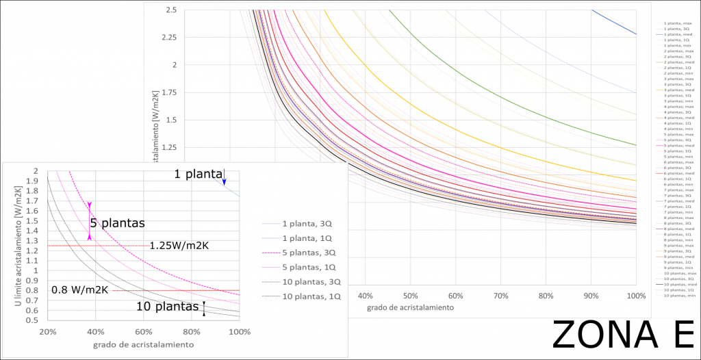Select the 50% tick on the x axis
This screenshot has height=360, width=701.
(410, 296)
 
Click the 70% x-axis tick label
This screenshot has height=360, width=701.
(500, 296)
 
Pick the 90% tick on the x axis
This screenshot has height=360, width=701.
(591, 296)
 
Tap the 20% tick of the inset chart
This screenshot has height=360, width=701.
(48, 332)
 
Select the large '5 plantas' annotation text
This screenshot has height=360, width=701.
(117, 223)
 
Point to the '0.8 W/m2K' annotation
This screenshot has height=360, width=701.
(80, 290)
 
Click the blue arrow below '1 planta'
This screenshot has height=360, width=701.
(224, 180)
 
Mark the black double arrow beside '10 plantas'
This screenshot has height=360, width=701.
(203, 309)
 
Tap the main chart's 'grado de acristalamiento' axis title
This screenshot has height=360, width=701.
(409, 308)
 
